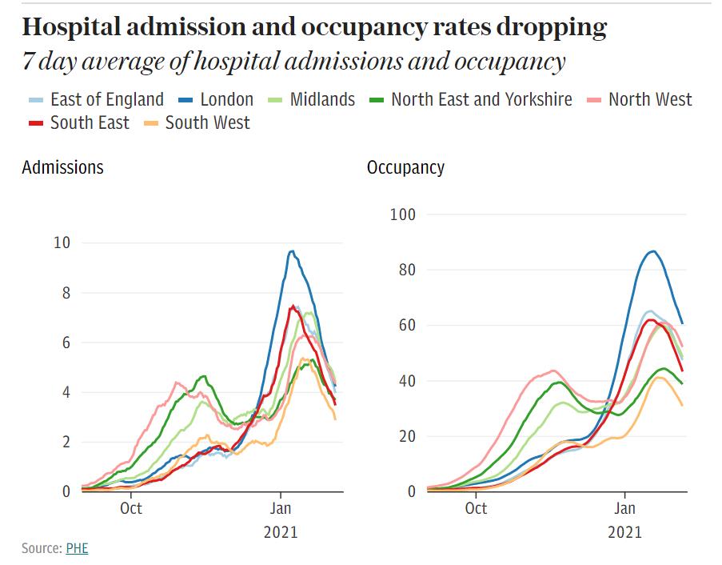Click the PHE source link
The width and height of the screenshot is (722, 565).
click(77, 548)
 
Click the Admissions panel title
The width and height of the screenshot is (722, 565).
click(62, 168)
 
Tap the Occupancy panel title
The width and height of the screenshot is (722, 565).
click(405, 168)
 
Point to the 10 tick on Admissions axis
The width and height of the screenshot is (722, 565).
click(62, 243)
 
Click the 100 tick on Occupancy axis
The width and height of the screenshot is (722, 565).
click(403, 214)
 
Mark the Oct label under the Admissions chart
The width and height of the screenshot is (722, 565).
click(131, 507)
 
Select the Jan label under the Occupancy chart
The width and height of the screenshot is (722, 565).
click(624, 507)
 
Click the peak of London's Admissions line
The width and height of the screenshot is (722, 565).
click(291, 251)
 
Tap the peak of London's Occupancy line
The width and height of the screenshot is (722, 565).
click(653, 251)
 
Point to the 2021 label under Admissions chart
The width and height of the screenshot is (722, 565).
click(280, 531)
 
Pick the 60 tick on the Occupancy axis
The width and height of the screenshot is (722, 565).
click(407, 325)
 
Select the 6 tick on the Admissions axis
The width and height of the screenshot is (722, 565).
click(66, 343)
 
